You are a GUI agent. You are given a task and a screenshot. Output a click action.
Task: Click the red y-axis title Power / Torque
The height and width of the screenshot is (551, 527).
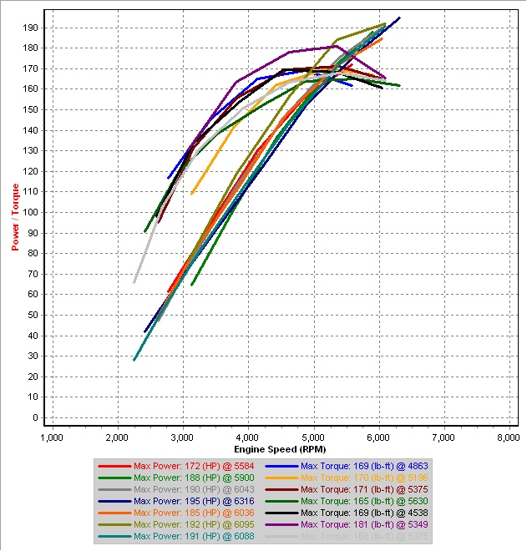click(15, 217)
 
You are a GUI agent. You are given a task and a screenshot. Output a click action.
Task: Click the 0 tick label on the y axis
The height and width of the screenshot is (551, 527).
click(35, 417)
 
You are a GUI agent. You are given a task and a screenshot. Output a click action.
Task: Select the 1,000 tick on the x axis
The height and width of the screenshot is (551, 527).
click(52, 437)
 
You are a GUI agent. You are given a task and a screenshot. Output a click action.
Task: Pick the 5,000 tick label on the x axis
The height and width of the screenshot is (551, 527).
click(313, 437)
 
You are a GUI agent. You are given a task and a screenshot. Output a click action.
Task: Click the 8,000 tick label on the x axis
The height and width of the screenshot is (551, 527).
click(509, 437)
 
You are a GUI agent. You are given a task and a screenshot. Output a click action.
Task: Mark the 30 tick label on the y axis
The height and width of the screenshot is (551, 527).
click(33, 356)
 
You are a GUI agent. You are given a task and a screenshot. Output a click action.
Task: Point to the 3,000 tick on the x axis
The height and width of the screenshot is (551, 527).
click(182, 437)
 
